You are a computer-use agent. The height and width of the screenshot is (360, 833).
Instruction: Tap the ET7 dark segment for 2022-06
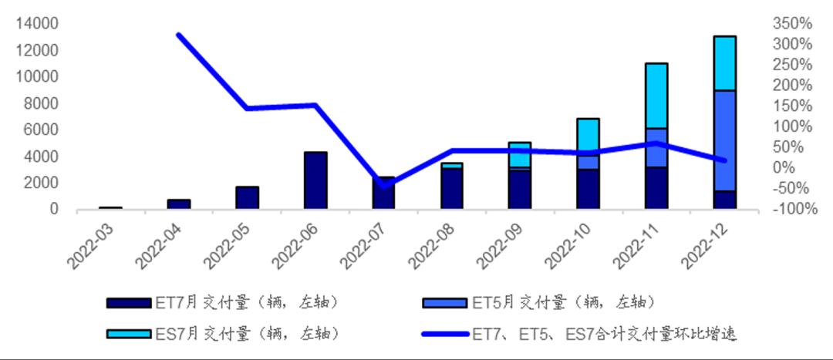pyautogui.click(x=315, y=180)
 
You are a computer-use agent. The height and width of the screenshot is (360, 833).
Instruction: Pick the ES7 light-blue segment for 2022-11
pyautogui.click(x=656, y=96)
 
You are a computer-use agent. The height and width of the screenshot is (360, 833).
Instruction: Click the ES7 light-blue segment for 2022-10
pyautogui.click(x=588, y=143)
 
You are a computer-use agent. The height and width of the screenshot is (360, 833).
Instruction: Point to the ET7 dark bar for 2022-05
pyautogui.click(x=247, y=197)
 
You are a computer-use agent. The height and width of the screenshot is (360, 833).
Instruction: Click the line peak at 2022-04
pyautogui.click(x=178, y=35)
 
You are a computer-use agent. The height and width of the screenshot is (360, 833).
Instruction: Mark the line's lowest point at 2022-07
pyautogui.click(x=383, y=186)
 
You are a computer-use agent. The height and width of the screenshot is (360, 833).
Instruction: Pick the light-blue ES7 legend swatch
pyautogui.click(x=129, y=334)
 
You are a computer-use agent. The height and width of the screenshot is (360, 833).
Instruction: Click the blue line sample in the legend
pyautogui.click(x=445, y=334)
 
